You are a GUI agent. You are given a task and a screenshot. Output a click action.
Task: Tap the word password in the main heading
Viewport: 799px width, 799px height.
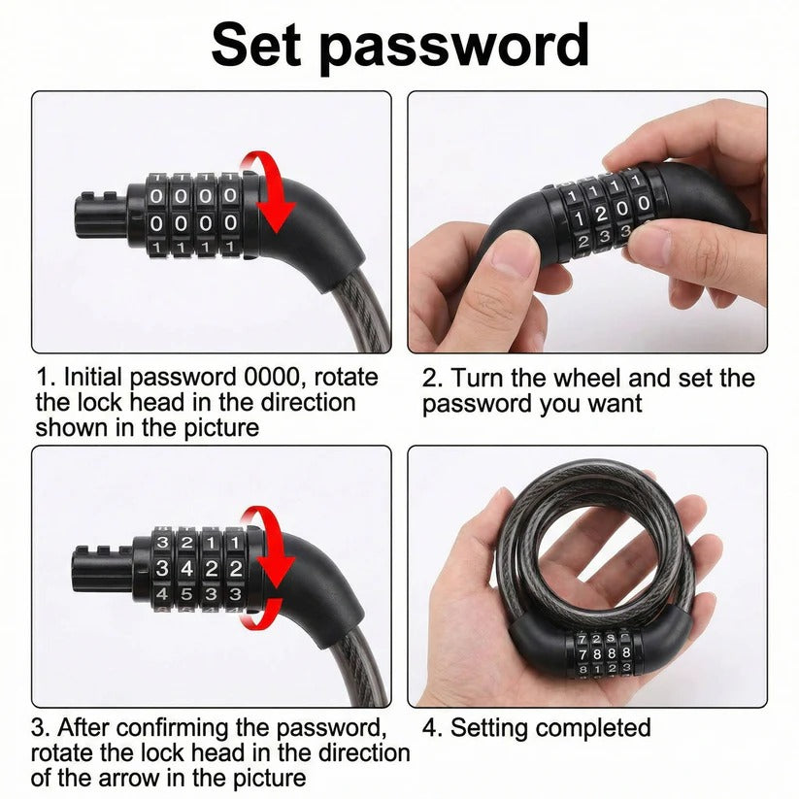click(456, 47)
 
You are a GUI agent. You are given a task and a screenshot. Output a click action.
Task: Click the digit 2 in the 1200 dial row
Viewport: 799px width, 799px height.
click(599, 212)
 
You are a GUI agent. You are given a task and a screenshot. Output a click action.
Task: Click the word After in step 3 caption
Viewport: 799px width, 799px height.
click(88, 727)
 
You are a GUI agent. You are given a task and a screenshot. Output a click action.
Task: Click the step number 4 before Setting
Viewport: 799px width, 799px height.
click(428, 727)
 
